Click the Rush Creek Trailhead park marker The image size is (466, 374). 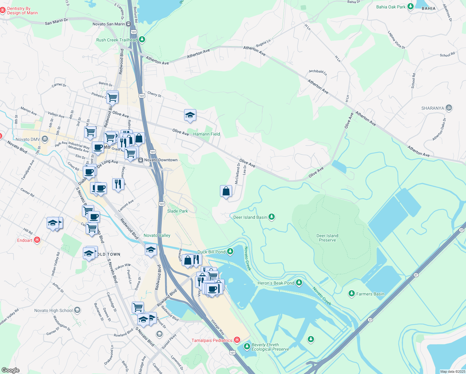tap(142, 40)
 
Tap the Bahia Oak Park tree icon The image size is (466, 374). tap(411, 7)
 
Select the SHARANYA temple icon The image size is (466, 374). tap(449, 108)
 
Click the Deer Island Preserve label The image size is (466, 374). tap(327, 238)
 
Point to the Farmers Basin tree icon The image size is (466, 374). tap(352, 294)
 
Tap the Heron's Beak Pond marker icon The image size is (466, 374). tap(299, 283)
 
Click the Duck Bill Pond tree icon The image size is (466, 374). tap(230, 251)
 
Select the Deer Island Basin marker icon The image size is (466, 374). tap(272, 217)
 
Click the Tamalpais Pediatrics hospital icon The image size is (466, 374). tap(237, 340)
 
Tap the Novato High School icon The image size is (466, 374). tap(77, 310)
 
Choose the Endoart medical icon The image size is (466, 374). tap(37, 240)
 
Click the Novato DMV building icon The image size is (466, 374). tap(45, 139)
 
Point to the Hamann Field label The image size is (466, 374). tap(207, 134)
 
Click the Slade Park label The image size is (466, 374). tap(178, 211)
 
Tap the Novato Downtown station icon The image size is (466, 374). tap(141, 160)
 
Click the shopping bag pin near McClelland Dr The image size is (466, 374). tap(226, 191)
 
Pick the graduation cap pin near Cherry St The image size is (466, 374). tap(190, 115)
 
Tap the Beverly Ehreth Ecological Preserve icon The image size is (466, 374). tap(247, 346)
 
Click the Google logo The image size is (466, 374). tap(11, 370)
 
